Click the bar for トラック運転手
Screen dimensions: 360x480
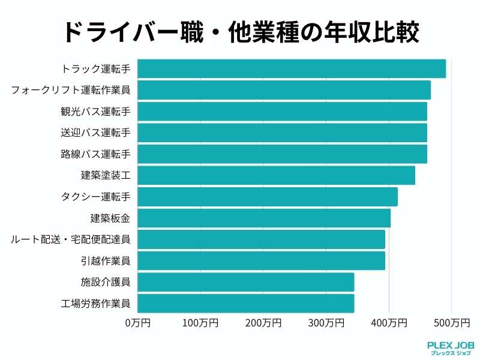pyautogui.click(x=292, y=69)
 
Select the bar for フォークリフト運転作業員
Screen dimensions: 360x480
pyautogui.click(x=284, y=90)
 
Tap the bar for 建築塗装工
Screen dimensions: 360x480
pyautogui.click(x=276, y=175)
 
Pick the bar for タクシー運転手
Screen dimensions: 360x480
pyautogui.click(x=268, y=197)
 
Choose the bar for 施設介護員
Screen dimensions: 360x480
pyautogui.click(x=246, y=282)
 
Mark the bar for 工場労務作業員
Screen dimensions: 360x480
pyautogui.click(x=246, y=303)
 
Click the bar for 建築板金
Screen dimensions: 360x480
pyautogui.click(x=264, y=218)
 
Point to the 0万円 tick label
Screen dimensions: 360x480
pyautogui.click(x=138, y=323)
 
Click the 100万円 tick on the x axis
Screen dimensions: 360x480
pyautogui.click(x=200, y=323)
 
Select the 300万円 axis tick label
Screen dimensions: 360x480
pyautogui.click(x=326, y=323)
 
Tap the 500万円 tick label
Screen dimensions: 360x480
pyautogui.click(x=451, y=323)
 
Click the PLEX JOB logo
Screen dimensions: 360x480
pyautogui.click(x=451, y=349)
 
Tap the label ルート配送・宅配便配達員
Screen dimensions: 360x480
pyautogui.click(x=71, y=239)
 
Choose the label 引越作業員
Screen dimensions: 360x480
pyautogui.click(x=105, y=260)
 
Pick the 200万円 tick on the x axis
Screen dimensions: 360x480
pyautogui.click(x=263, y=323)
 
